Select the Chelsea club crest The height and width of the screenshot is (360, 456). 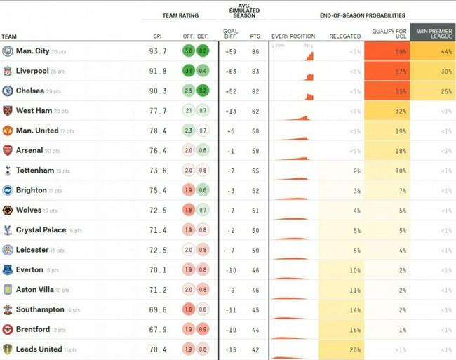coord(8,91)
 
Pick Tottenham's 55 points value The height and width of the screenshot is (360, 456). coord(255,171)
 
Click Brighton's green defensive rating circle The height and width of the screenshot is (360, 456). coord(203,190)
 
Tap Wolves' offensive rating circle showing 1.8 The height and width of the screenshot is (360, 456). coord(188,211)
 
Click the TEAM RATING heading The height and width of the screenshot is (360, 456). coord(181,15)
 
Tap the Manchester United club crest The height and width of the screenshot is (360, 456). coord(8,131)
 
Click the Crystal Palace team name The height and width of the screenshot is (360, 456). coord(41,230)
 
